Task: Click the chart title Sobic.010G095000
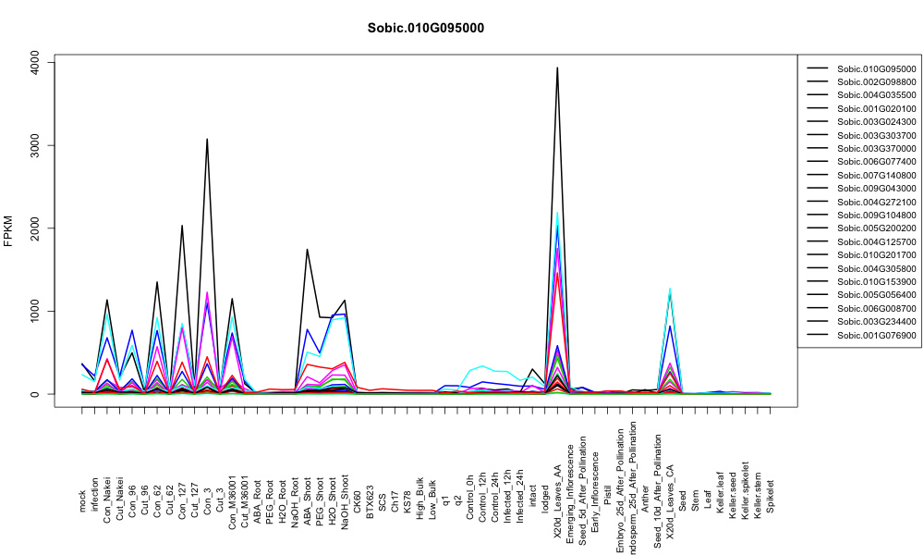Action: click(425, 29)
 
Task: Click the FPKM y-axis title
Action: click(8, 231)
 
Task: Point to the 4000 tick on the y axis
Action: click(35, 62)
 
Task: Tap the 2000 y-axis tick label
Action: click(35, 228)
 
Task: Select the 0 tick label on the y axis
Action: click(35, 394)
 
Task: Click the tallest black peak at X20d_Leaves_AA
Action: click(557, 68)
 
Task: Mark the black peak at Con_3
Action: click(207, 139)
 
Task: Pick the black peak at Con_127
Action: click(182, 226)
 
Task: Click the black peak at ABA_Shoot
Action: click(307, 250)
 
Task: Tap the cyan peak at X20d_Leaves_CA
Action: click(669, 289)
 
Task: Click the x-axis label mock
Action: click(82, 501)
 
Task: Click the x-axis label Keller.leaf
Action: click(720, 492)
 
